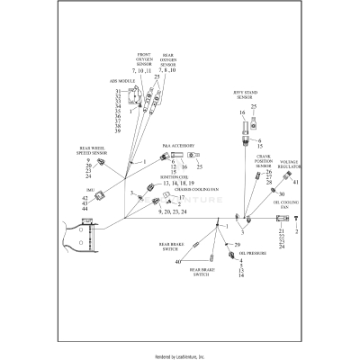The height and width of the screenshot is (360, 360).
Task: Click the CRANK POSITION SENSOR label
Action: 263,162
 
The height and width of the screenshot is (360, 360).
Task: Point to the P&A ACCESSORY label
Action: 178,145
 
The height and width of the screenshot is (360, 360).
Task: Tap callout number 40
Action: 178,262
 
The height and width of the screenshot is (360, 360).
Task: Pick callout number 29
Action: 238,245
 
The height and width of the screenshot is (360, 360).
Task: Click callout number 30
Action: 280,193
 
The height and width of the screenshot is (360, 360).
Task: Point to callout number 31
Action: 118,92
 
